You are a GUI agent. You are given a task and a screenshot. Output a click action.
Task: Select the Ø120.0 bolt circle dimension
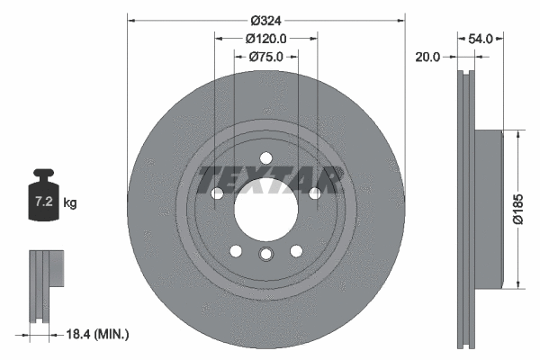pyautogui.click(x=265, y=39)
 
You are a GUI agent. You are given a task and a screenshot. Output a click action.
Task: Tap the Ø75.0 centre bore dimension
pyautogui.click(x=265, y=56)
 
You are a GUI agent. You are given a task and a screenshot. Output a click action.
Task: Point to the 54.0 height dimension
pyautogui.click(x=481, y=39)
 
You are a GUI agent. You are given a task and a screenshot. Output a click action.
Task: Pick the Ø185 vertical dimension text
pyautogui.click(x=517, y=209)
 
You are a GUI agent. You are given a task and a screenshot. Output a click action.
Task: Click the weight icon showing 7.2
pyautogui.click(x=43, y=191)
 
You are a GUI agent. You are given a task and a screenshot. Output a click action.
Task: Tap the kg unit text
pyautogui.click(x=70, y=203)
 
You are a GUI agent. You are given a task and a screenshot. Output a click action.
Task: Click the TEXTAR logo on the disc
pyautogui.click(x=269, y=180)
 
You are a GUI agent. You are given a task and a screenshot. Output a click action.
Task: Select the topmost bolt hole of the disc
pyautogui.click(x=265, y=159)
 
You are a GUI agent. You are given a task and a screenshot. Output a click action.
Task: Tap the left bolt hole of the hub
pyautogui.click(x=217, y=194)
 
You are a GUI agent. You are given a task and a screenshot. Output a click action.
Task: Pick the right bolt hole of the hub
pyautogui.click(x=314, y=194)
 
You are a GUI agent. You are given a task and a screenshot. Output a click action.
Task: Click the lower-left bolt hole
pyautogui.click(x=236, y=252)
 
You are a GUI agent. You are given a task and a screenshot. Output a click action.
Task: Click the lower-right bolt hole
pyautogui.click(x=295, y=252)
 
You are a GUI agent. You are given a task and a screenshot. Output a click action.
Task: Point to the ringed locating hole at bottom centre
pyautogui.click(x=265, y=256)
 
